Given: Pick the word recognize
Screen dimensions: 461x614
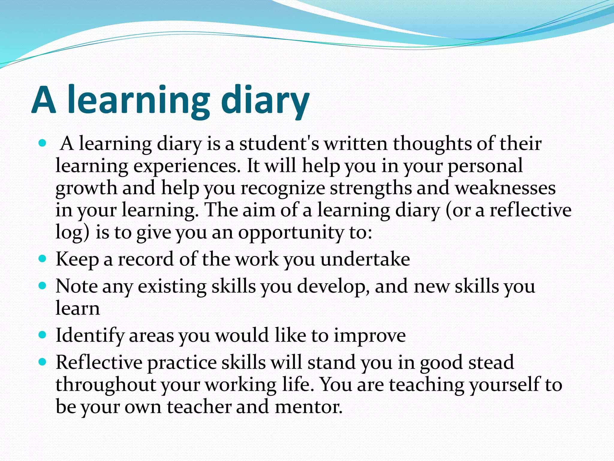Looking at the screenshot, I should (x=283, y=188).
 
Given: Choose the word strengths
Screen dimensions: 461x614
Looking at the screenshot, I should (x=371, y=188).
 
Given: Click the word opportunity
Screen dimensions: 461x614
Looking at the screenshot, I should (x=291, y=233).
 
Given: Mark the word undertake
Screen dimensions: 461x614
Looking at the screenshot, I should (x=365, y=259).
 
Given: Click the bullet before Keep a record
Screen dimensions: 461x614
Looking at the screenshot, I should (x=43, y=258).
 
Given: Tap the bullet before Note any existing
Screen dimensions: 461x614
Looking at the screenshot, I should (x=43, y=285).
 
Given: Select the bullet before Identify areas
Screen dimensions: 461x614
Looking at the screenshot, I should (x=43, y=334).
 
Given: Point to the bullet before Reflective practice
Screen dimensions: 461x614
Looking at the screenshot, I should (x=43, y=362).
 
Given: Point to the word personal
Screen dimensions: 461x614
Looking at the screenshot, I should (x=485, y=166).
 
